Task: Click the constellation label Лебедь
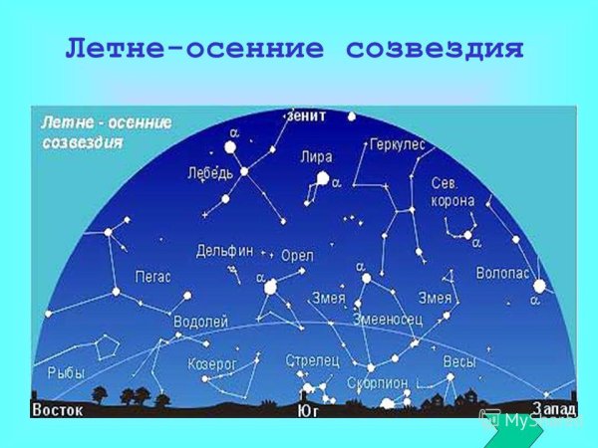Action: pyautogui.click(x=209, y=171)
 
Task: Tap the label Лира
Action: pyautogui.click(x=316, y=157)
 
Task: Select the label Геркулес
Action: pyautogui.click(x=397, y=145)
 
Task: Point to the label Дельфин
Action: pyautogui.click(x=224, y=250)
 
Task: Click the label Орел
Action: pyautogui.click(x=297, y=255)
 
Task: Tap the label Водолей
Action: pyautogui.click(x=201, y=322)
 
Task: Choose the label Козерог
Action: pyautogui.click(x=212, y=364)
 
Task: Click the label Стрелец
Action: pyautogui.click(x=312, y=358)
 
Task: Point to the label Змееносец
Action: pyautogui.click(x=388, y=319)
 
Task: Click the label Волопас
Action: pyautogui.click(x=502, y=269)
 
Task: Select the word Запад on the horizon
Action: pyautogui.click(x=553, y=408)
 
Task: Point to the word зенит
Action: pyautogui.click(x=305, y=114)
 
